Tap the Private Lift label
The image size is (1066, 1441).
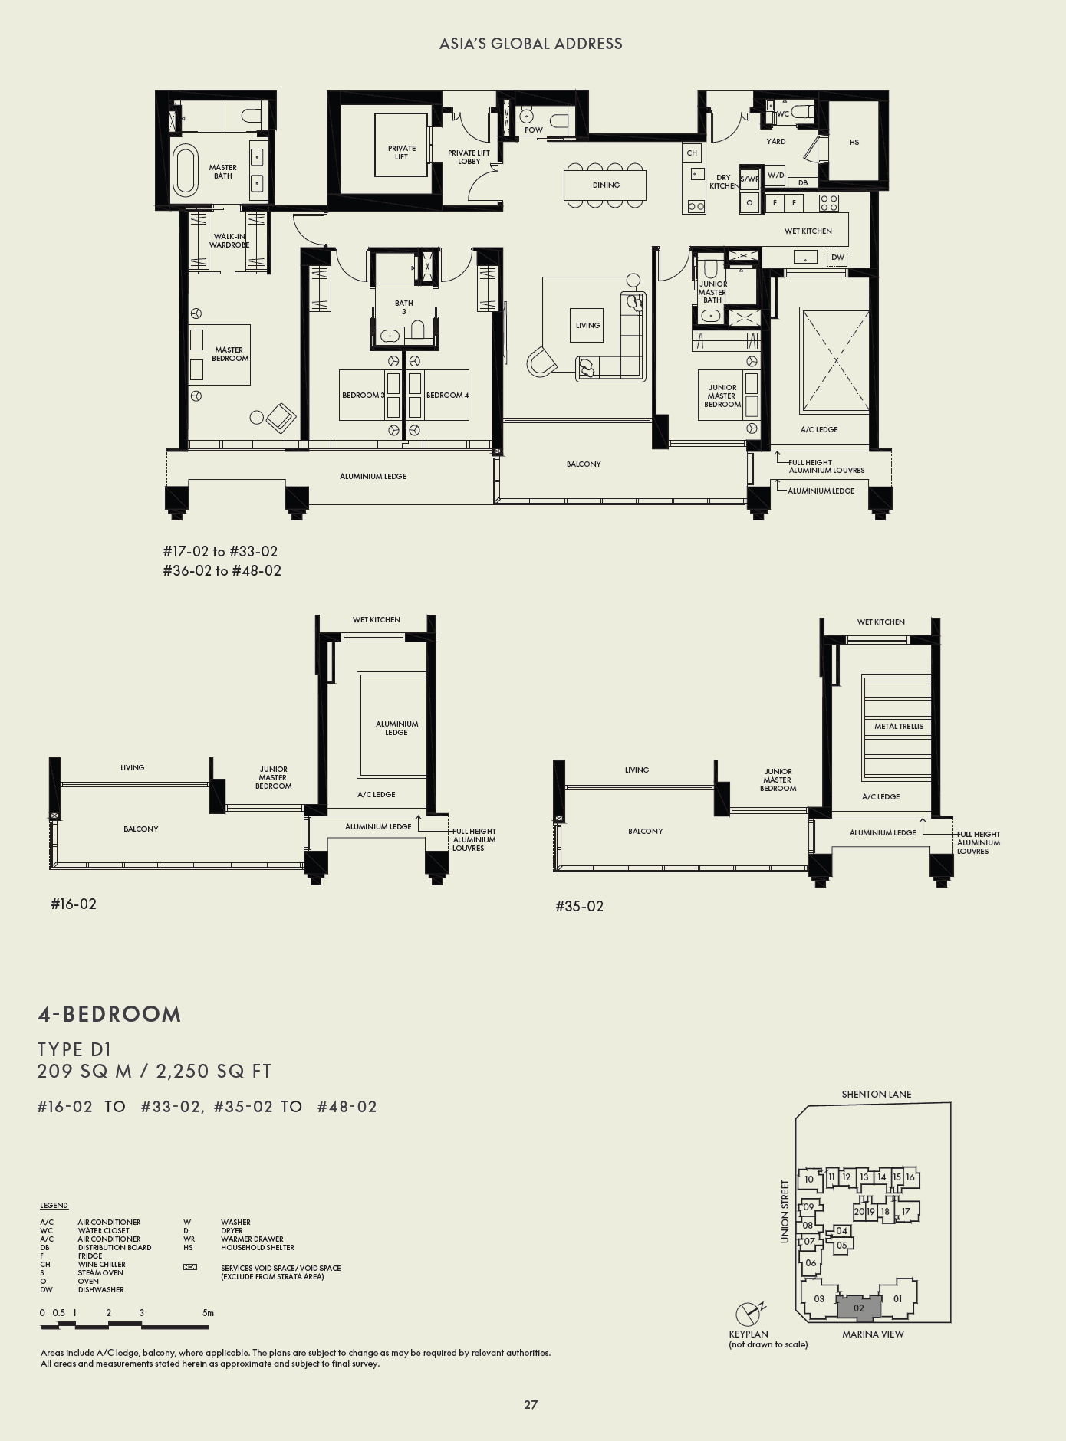coord(402,153)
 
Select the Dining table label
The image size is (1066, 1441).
coord(606,185)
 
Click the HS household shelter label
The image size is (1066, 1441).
coord(854,142)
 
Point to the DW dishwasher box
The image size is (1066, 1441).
coord(837,258)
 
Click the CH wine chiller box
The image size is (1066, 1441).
coord(692,153)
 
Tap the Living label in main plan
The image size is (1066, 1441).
coord(587,325)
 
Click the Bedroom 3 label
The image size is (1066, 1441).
coord(363,396)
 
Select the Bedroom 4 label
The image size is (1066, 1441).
coord(447,396)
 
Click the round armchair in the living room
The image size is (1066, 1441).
coord(542,361)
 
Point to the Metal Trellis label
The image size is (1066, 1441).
coord(899,726)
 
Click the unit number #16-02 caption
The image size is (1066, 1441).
coord(74,904)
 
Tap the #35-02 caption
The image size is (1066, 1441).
coord(579,906)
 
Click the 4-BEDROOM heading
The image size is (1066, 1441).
coord(110,1014)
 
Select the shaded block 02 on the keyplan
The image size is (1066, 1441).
coord(858,1308)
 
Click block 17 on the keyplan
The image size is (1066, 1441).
coord(906,1211)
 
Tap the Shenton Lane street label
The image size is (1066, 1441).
coord(876,1094)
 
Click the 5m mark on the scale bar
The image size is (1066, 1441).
coord(208,1313)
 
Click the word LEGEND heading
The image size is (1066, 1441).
coord(54,1206)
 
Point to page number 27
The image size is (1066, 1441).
coord(531,1404)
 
